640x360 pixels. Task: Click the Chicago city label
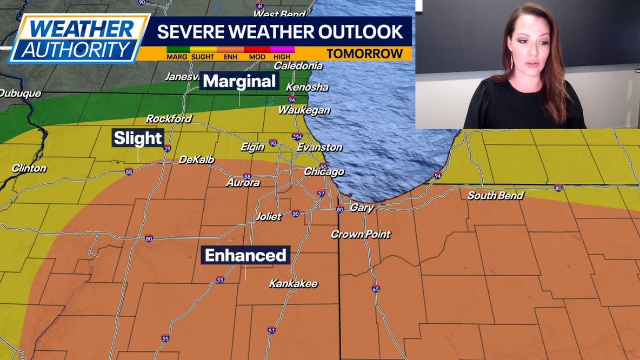pyautogui.click(x=324, y=172)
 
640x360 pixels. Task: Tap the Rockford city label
pyautogui.click(x=169, y=119)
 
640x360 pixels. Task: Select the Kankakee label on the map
pyautogui.click(x=294, y=284)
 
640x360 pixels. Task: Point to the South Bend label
pyautogui.click(x=495, y=196)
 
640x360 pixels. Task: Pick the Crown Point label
pyautogui.click(x=361, y=235)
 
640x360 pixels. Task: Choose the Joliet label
pyautogui.click(x=269, y=217)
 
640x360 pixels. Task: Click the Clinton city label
pyautogui.click(x=29, y=169)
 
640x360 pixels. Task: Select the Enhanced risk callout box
pyautogui.click(x=245, y=255)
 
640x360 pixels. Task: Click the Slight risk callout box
pyautogui.click(x=137, y=138)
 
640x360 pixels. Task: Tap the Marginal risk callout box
pyautogui.click(x=239, y=82)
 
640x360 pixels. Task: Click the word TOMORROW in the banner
pyautogui.click(x=365, y=54)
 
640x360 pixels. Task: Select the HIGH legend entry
pyautogui.click(x=282, y=56)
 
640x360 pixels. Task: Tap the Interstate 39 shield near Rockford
pyautogui.click(x=167, y=149)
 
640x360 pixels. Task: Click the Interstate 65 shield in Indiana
pyautogui.click(x=376, y=289)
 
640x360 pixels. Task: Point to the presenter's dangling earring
pyautogui.click(x=511, y=62)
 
